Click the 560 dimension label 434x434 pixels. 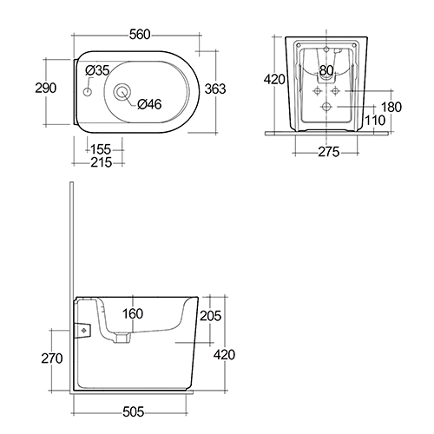[140, 35]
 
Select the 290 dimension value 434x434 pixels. [46, 88]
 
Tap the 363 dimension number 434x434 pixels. [215, 89]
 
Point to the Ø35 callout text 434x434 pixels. [97, 70]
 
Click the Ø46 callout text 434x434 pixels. [149, 104]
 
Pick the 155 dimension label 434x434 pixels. [101, 149]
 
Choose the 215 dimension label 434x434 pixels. [102, 162]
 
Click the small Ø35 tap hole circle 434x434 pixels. [88, 92]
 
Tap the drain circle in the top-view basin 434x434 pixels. [122, 92]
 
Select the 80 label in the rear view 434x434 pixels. [326, 70]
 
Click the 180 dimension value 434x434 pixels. [391, 107]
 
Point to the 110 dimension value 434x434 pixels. [375, 121]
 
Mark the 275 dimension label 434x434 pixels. [329, 152]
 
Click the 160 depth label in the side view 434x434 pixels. [133, 313]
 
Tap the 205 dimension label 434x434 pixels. [211, 316]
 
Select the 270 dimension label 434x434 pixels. [52, 358]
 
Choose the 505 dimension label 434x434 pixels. [134, 411]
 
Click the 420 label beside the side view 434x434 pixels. [224, 354]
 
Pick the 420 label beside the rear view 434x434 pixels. [274, 79]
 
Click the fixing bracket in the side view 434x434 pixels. [83, 331]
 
